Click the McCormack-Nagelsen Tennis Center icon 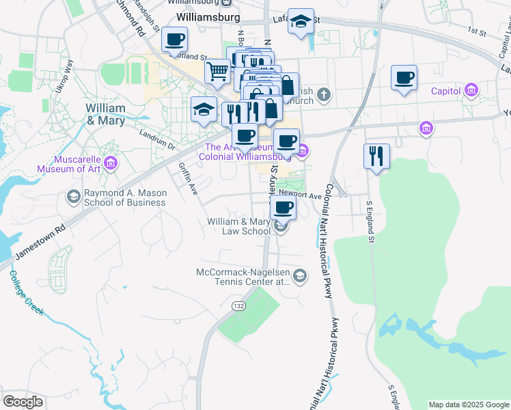[x=300, y=275]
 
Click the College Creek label [x=27, y=293]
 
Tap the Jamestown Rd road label [x=39, y=242]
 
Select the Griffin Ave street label [x=188, y=179]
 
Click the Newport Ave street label [x=300, y=195]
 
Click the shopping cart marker [x=218, y=70]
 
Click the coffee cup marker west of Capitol [x=404, y=77]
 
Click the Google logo [x=23, y=402]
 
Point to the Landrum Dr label [x=157, y=139]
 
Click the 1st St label [x=475, y=30]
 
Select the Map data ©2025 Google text [x=468, y=405]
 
